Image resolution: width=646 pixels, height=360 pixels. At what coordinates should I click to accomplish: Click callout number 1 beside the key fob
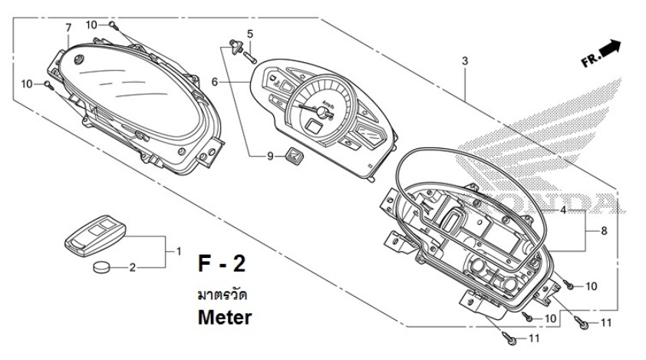pyautogui.click(x=179, y=250)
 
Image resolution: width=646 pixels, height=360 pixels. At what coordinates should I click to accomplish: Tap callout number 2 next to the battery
pyautogui.click(x=132, y=268)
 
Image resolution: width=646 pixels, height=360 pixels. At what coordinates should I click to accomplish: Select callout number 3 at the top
pyautogui.click(x=464, y=60)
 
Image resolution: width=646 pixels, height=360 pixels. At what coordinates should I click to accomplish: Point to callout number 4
pyautogui.click(x=563, y=210)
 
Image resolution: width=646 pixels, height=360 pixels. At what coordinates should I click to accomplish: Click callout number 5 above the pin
pyautogui.click(x=249, y=32)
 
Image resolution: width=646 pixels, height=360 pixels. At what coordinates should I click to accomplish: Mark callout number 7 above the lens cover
pyautogui.click(x=68, y=28)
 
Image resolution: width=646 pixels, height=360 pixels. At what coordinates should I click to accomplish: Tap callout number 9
pyautogui.click(x=270, y=157)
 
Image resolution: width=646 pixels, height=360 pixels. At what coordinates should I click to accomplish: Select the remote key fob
pyautogui.click(x=91, y=234)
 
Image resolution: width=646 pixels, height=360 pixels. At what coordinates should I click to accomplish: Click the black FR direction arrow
pyautogui.click(x=609, y=48)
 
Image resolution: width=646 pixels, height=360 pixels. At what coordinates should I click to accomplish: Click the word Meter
pyautogui.click(x=223, y=315)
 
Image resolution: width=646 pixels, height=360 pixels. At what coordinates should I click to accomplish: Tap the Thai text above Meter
pyautogui.click(x=222, y=294)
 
